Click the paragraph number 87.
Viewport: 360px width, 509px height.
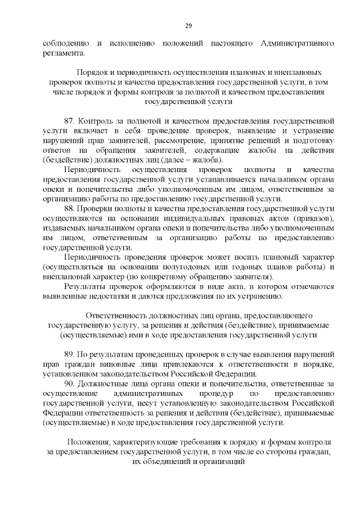(70, 121)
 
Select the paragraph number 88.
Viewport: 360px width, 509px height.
(70, 208)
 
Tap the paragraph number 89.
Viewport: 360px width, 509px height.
(70, 355)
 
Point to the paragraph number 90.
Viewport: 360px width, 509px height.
(70, 384)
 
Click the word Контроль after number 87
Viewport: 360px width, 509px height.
(96, 121)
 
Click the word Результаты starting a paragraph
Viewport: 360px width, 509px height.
(85, 286)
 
